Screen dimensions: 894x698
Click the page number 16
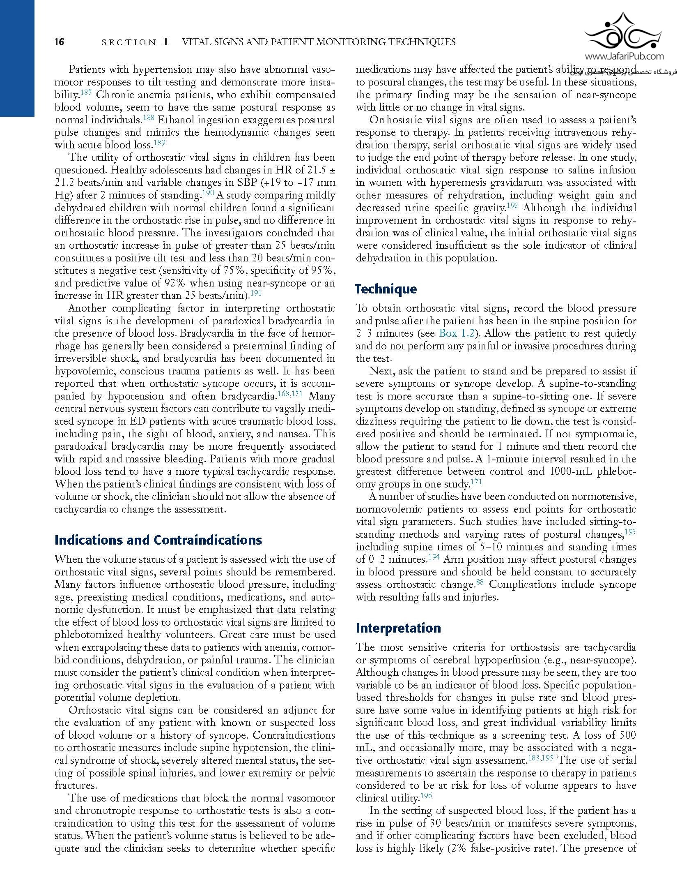(60, 42)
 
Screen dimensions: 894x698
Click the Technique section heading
(386, 289)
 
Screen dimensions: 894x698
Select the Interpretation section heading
(398, 628)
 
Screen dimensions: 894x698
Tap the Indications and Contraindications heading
(158, 540)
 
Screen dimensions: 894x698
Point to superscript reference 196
(427, 796)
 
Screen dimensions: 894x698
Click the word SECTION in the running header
(129, 42)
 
